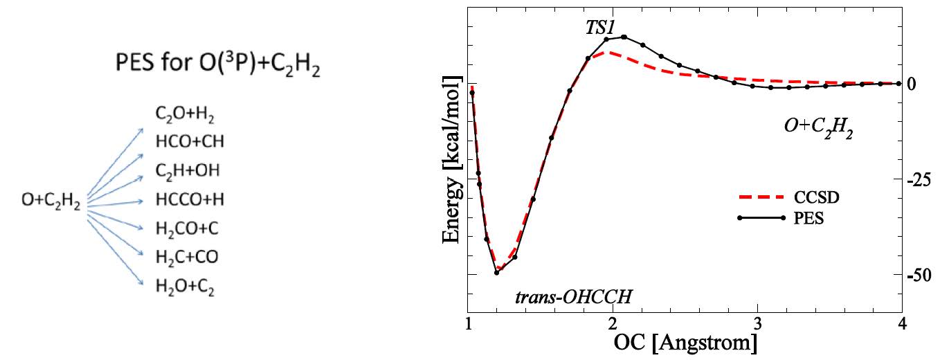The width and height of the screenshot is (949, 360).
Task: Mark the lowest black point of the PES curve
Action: pos(497,272)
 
